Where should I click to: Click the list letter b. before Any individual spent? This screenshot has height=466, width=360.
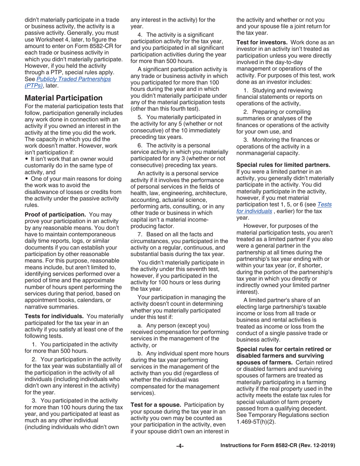[x=140, y=353]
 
